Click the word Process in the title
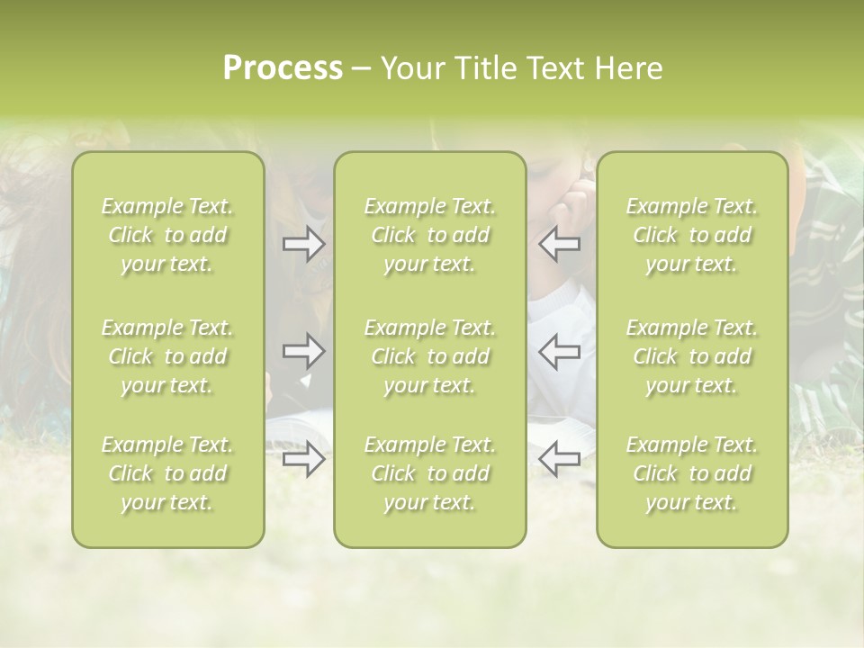(x=283, y=68)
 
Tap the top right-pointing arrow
(x=303, y=244)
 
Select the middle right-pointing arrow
(x=303, y=350)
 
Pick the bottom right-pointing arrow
(x=303, y=459)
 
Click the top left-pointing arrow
(x=560, y=244)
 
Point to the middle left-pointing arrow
(x=560, y=350)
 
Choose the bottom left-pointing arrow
(x=560, y=459)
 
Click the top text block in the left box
(x=167, y=235)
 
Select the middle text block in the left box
(x=167, y=356)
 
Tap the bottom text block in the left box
(x=167, y=473)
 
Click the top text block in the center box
(x=429, y=235)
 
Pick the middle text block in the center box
(x=429, y=356)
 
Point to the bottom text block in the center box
(x=429, y=473)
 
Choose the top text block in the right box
(x=691, y=235)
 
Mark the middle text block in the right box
(x=691, y=356)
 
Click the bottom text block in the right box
(x=691, y=473)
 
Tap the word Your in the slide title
(x=410, y=68)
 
